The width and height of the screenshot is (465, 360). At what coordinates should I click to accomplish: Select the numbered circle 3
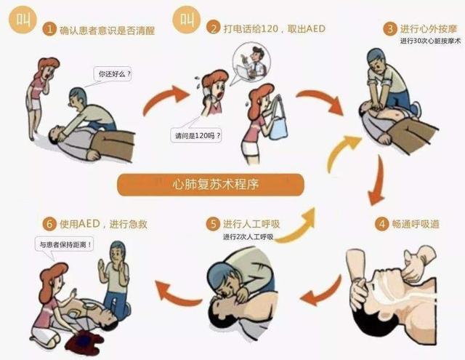pyautogui.click(x=390, y=29)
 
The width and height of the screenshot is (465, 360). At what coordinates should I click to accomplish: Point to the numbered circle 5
pyautogui.click(x=212, y=223)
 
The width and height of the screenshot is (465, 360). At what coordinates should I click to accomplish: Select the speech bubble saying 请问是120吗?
pyautogui.click(x=195, y=135)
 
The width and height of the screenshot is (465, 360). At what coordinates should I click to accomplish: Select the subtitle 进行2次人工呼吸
pyautogui.click(x=248, y=236)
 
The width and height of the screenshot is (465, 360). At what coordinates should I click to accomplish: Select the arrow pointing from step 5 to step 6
pyautogui.click(x=179, y=294)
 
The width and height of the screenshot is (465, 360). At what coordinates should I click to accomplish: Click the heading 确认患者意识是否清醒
pyautogui.click(x=109, y=30)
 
